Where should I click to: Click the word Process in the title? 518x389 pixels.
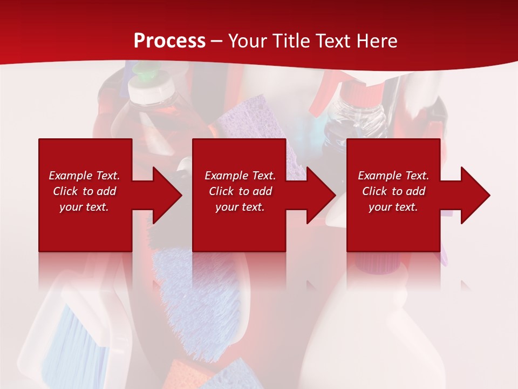coord(169,41)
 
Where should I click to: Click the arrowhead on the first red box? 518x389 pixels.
coord(165,195)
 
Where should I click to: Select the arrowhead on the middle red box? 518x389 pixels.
coord(319,195)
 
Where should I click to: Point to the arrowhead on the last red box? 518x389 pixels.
coord(474,195)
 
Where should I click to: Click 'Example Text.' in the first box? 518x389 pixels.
coord(84,176)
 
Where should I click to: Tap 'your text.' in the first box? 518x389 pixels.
coord(84,207)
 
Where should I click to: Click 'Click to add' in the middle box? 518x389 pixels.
coord(240,191)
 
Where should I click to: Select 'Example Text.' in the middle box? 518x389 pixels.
coord(240,176)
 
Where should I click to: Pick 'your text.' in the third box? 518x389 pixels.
coord(393,207)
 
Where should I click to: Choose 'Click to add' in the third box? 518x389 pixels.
coord(393,191)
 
